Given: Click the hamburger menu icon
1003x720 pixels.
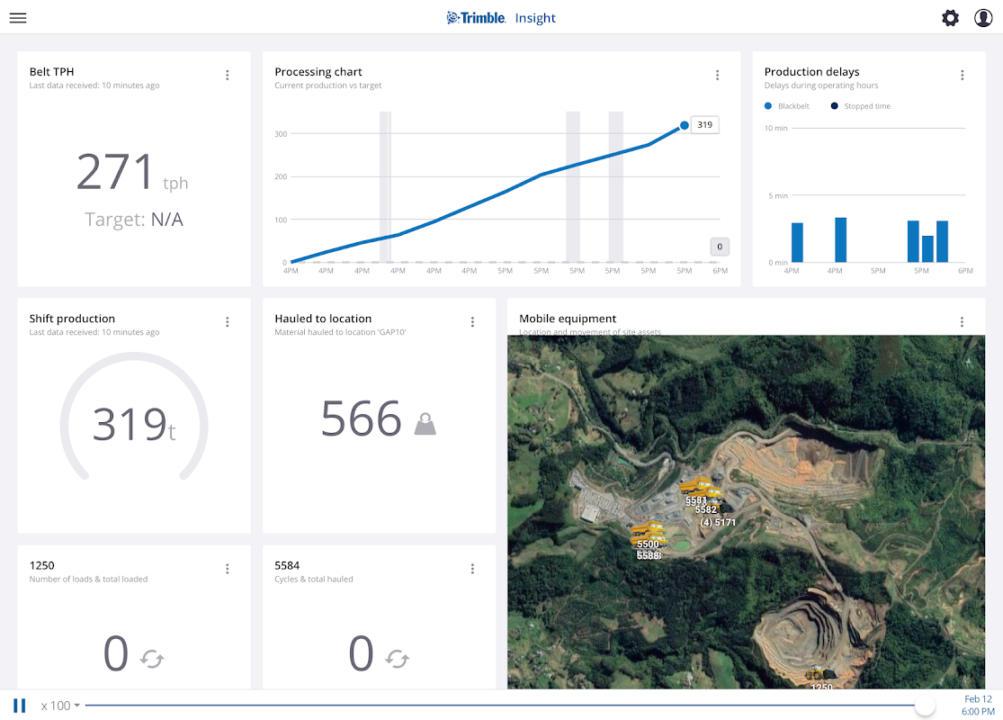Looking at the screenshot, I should (18, 18).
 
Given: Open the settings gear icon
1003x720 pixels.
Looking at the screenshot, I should (950, 18).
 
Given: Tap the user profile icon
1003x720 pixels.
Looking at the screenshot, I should (983, 18).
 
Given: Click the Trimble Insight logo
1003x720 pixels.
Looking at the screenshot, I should (501, 18).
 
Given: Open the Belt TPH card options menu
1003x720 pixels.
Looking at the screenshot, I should (228, 76).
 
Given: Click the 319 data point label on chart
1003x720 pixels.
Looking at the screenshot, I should (704, 125).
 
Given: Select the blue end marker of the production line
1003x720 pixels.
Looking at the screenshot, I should (685, 126).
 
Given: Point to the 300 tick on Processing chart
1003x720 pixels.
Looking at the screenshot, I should (281, 134).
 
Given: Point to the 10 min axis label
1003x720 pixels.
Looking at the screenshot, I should (775, 128).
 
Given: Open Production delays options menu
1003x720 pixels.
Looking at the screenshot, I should (963, 76).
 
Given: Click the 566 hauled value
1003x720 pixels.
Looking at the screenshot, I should (361, 419).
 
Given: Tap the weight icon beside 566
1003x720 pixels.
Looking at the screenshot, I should (425, 424).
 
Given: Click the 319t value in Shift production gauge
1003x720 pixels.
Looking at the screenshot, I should (133, 425).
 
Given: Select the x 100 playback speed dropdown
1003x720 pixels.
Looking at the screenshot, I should (60, 706).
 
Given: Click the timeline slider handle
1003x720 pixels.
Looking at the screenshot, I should (925, 706).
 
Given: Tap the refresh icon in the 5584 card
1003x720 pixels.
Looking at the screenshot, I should (398, 660).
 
